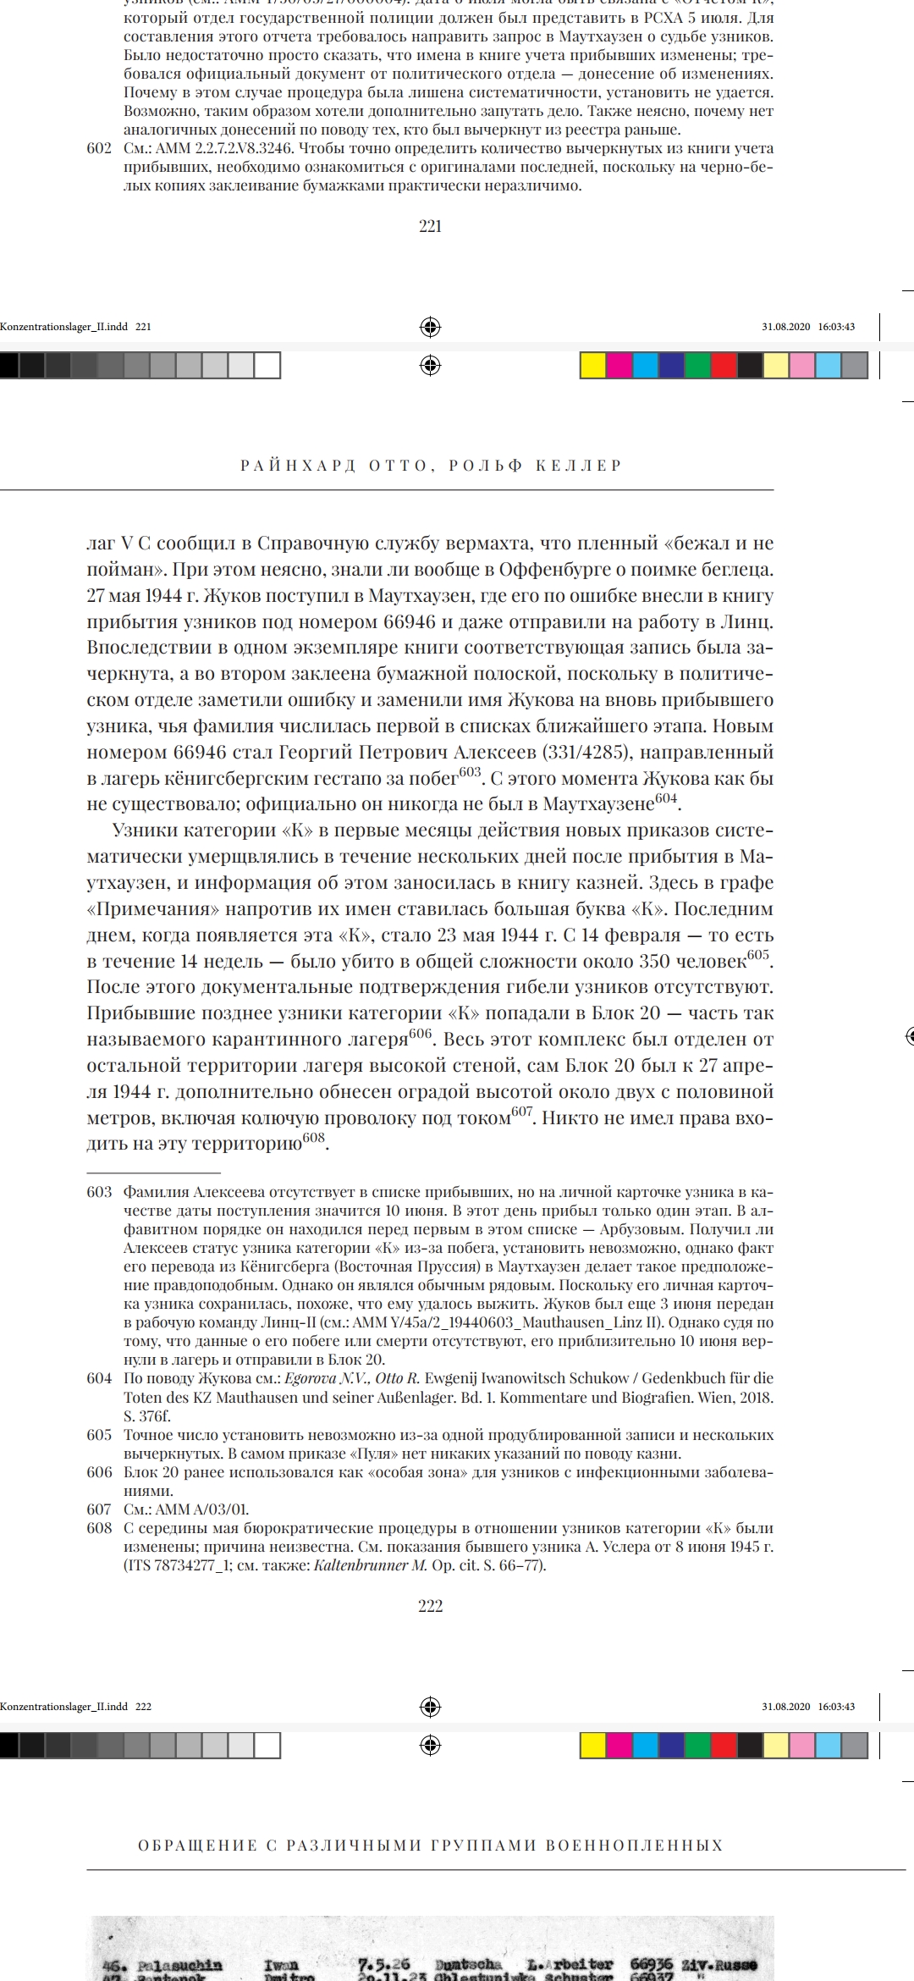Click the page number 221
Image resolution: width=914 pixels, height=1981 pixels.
pyautogui.click(x=430, y=226)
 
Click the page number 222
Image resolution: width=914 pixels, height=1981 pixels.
pyautogui.click(x=430, y=1606)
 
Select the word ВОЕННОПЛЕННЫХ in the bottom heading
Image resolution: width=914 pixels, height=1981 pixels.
pyautogui.click(x=634, y=1846)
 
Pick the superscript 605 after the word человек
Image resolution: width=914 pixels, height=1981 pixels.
pyautogui.click(x=758, y=955)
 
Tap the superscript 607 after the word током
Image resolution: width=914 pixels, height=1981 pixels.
pyautogui.click(x=522, y=1112)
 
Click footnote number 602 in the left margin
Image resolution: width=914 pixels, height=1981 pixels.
pyautogui.click(x=99, y=149)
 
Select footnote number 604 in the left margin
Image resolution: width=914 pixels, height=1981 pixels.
pyautogui.click(x=99, y=1378)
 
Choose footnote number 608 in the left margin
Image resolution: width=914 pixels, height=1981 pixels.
pyautogui.click(x=99, y=1528)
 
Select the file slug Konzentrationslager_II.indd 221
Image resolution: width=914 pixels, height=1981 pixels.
pyautogui.click(x=75, y=327)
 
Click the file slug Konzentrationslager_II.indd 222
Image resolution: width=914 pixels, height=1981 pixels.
pyautogui.click(x=75, y=1707)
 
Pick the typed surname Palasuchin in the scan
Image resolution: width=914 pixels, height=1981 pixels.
pyautogui.click(x=179, y=1965)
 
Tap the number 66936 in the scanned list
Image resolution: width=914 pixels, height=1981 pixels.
pyautogui.click(x=652, y=1964)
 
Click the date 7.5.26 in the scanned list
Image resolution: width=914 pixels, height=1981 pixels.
pyautogui.click(x=383, y=1964)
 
